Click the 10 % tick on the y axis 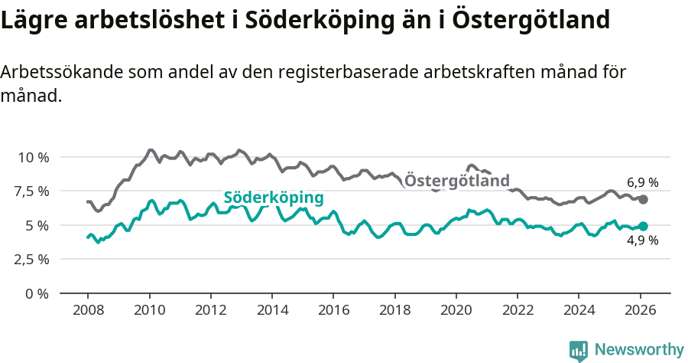point(33,157)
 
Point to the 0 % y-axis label point(37,293)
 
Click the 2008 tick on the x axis point(87,310)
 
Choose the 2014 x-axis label point(271,310)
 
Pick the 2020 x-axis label point(456,310)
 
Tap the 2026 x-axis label point(640,310)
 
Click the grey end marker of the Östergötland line point(644,199)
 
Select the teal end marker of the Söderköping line point(644,226)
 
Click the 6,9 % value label point(642,183)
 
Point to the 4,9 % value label point(642,240)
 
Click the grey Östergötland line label point(456,181)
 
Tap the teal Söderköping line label point(274,198)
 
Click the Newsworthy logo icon point(579,351)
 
